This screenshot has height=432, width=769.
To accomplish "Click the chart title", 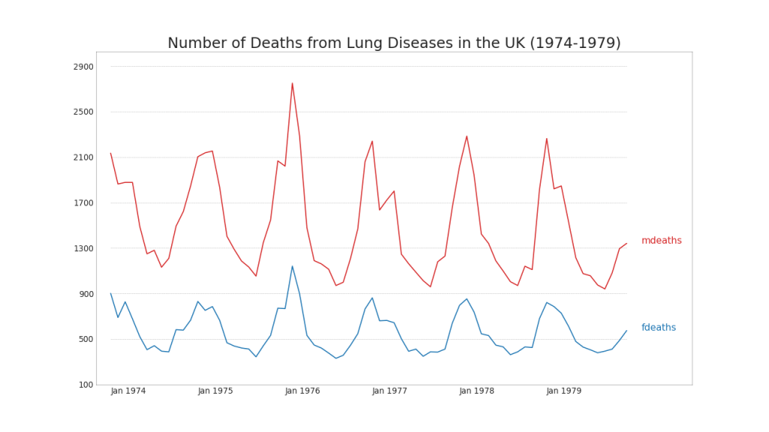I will point(394,43).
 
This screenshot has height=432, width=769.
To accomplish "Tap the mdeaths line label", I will point(662,241).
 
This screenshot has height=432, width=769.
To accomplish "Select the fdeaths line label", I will point(659,328).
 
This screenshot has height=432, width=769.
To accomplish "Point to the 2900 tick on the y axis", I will point(83,67).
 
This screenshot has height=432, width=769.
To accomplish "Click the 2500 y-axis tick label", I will point(83,112).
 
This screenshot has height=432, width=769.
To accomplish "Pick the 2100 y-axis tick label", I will point(83,157).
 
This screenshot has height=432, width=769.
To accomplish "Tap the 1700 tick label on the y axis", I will point(83,203).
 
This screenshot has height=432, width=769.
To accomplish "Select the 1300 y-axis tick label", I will point(83,248).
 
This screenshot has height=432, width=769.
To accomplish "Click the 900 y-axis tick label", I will point(86,294).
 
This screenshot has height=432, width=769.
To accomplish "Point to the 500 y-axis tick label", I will point(86,339).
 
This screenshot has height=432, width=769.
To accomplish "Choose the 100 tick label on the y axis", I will point(86,385).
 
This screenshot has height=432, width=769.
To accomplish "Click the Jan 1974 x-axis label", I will point(128,391).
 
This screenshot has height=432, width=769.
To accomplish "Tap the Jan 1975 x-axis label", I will point(216,391).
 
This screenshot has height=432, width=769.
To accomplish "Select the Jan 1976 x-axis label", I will point(303,391).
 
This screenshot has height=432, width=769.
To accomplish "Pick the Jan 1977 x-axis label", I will point(390,391).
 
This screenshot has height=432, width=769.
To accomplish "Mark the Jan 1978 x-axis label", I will point(477,391).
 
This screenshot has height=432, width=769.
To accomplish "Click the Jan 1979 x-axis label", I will point(564,391).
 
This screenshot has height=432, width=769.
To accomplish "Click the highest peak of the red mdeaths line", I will point(292,83).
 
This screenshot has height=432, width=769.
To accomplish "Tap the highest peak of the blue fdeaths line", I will point(292,266).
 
